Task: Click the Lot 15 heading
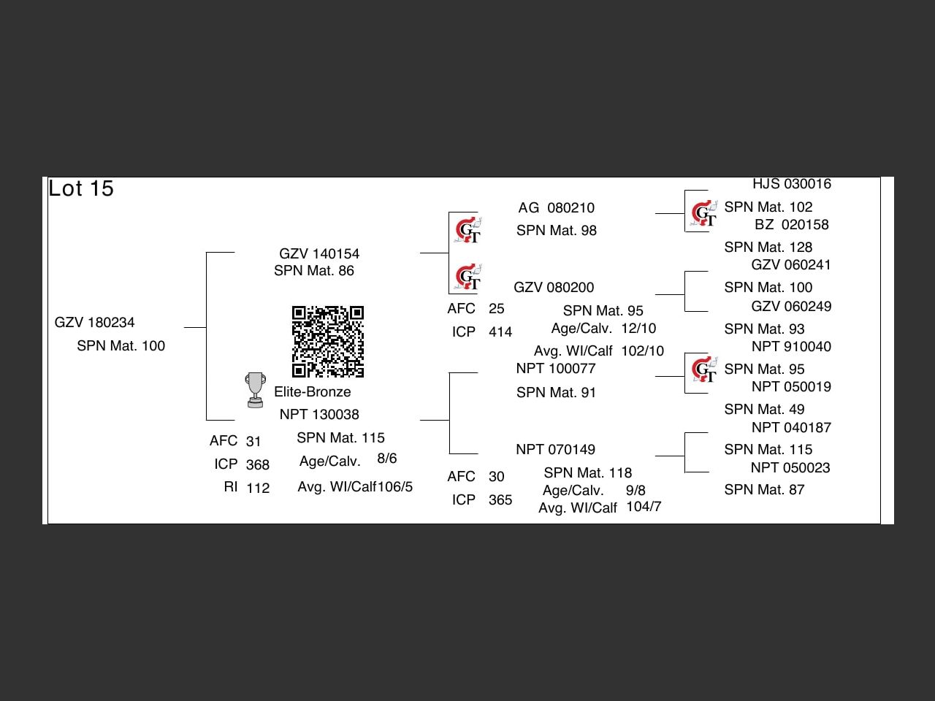pos(81,188)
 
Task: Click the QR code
pos(328,342)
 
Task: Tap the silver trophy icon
pos(255,390)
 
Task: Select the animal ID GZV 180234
pos(95,323)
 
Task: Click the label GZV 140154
pos(319,254)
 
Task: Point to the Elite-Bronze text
pos(313,392)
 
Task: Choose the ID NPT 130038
pos(319,415)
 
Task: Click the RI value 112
pos(258,489)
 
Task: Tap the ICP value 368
pos(258,465)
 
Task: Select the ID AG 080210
pos(556,208)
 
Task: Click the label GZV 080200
pos(554,288)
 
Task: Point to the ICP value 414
pos(500,332)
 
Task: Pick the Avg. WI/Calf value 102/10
pos(643,351)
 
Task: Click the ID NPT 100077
pos(556,369)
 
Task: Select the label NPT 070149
pos(555,450)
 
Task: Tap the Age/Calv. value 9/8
pos(636,491)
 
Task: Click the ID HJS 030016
pos(792,184)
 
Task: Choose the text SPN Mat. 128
pos(768,248)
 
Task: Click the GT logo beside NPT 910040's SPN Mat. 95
pos(704,371)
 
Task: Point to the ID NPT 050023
pos(790,468)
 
